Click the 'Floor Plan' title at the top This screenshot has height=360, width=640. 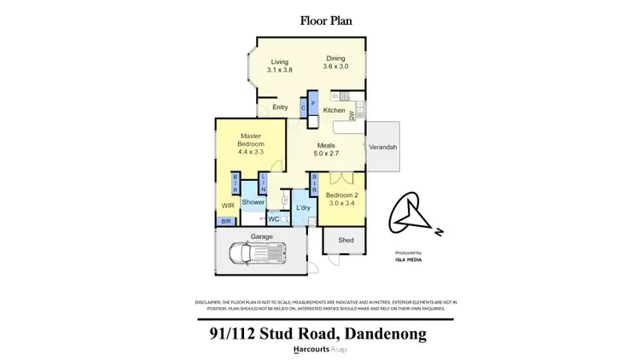320,20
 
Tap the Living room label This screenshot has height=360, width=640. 281,62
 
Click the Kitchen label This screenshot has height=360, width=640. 334,111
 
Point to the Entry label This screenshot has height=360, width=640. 280,107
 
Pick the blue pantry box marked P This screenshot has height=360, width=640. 313,105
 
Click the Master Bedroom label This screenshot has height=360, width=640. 249,139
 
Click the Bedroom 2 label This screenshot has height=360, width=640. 343,195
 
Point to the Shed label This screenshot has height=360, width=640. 346,241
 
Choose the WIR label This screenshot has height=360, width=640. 228,206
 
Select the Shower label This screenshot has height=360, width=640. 253,202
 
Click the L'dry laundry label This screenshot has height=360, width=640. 302,207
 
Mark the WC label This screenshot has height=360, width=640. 274,219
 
